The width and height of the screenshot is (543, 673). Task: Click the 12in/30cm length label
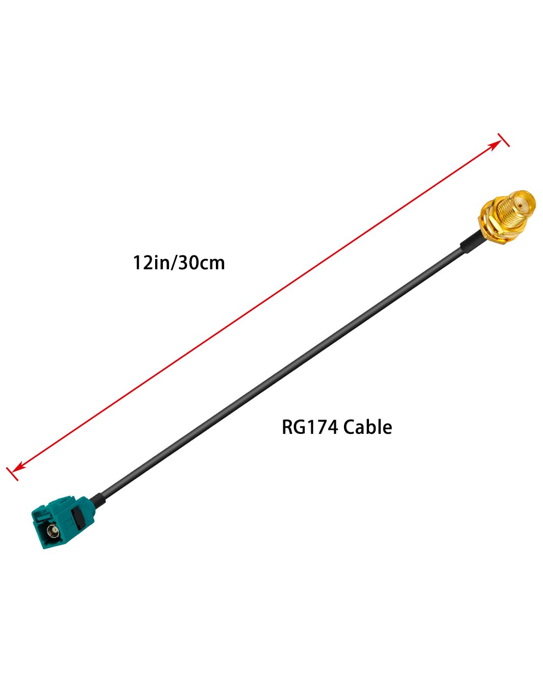click(179, 263)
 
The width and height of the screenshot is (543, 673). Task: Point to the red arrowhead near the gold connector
click(496, 145)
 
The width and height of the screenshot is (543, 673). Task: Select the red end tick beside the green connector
click(12, 474)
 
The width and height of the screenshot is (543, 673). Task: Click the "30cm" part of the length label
click(202, 263)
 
